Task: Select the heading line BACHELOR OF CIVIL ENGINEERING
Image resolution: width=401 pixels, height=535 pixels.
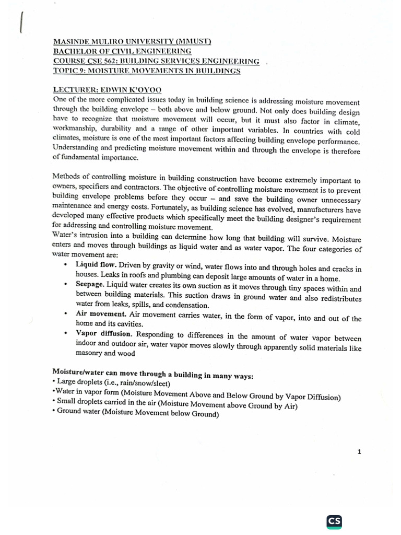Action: point(122,51)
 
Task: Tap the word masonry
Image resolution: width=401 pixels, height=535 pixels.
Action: point(92,353)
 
